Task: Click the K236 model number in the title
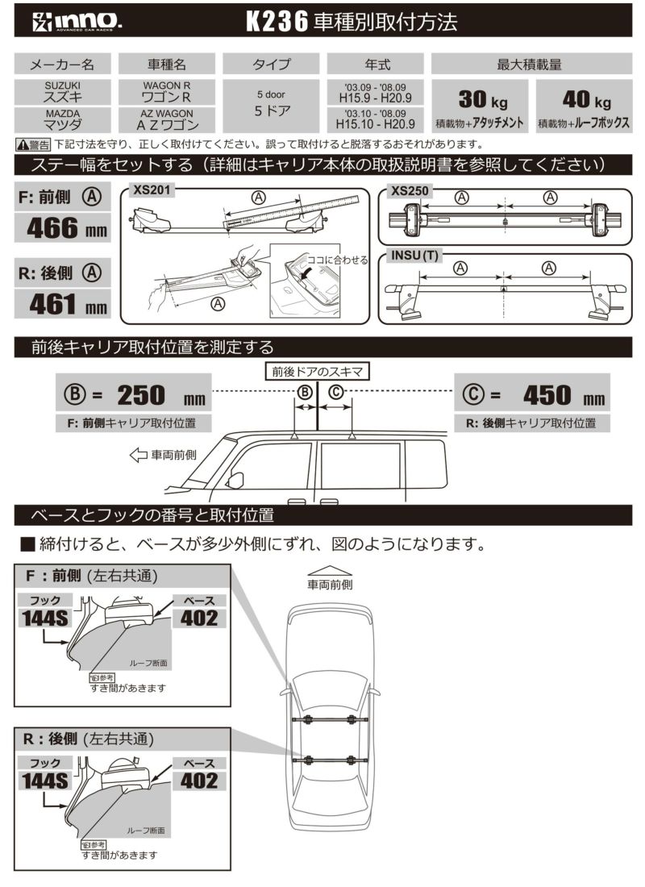(277, 23)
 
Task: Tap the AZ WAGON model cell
(167, 119)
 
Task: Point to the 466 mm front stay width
(62, 227)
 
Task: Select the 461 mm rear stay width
(62, 305)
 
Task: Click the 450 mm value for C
(549, 394)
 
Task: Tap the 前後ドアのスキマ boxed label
(318, 371)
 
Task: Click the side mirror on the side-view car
(235, 481)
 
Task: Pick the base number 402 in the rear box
(199, 780)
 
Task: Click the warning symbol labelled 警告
(33, 145)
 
